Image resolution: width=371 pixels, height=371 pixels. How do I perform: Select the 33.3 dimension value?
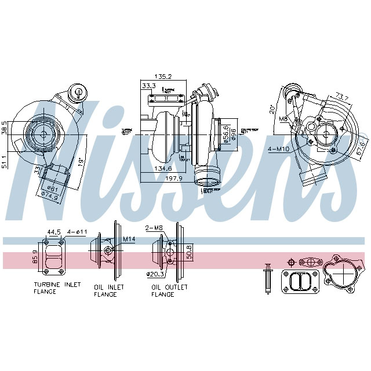pyautogui.click(x=148, y=86)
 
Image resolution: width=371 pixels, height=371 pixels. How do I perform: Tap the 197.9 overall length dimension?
pyautogui.click(x=173, y=179)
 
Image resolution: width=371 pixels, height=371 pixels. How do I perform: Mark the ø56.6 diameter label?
pyautogui.click(x=225, y=132)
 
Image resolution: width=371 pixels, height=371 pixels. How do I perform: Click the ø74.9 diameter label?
pyautogui.click(x=53, y=196)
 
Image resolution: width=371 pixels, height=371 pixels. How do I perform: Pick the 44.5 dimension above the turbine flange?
pyautogui.click(x=54, y=232)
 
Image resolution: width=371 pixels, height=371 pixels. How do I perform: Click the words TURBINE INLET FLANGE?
pyautogui.click(x=56, y=288)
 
